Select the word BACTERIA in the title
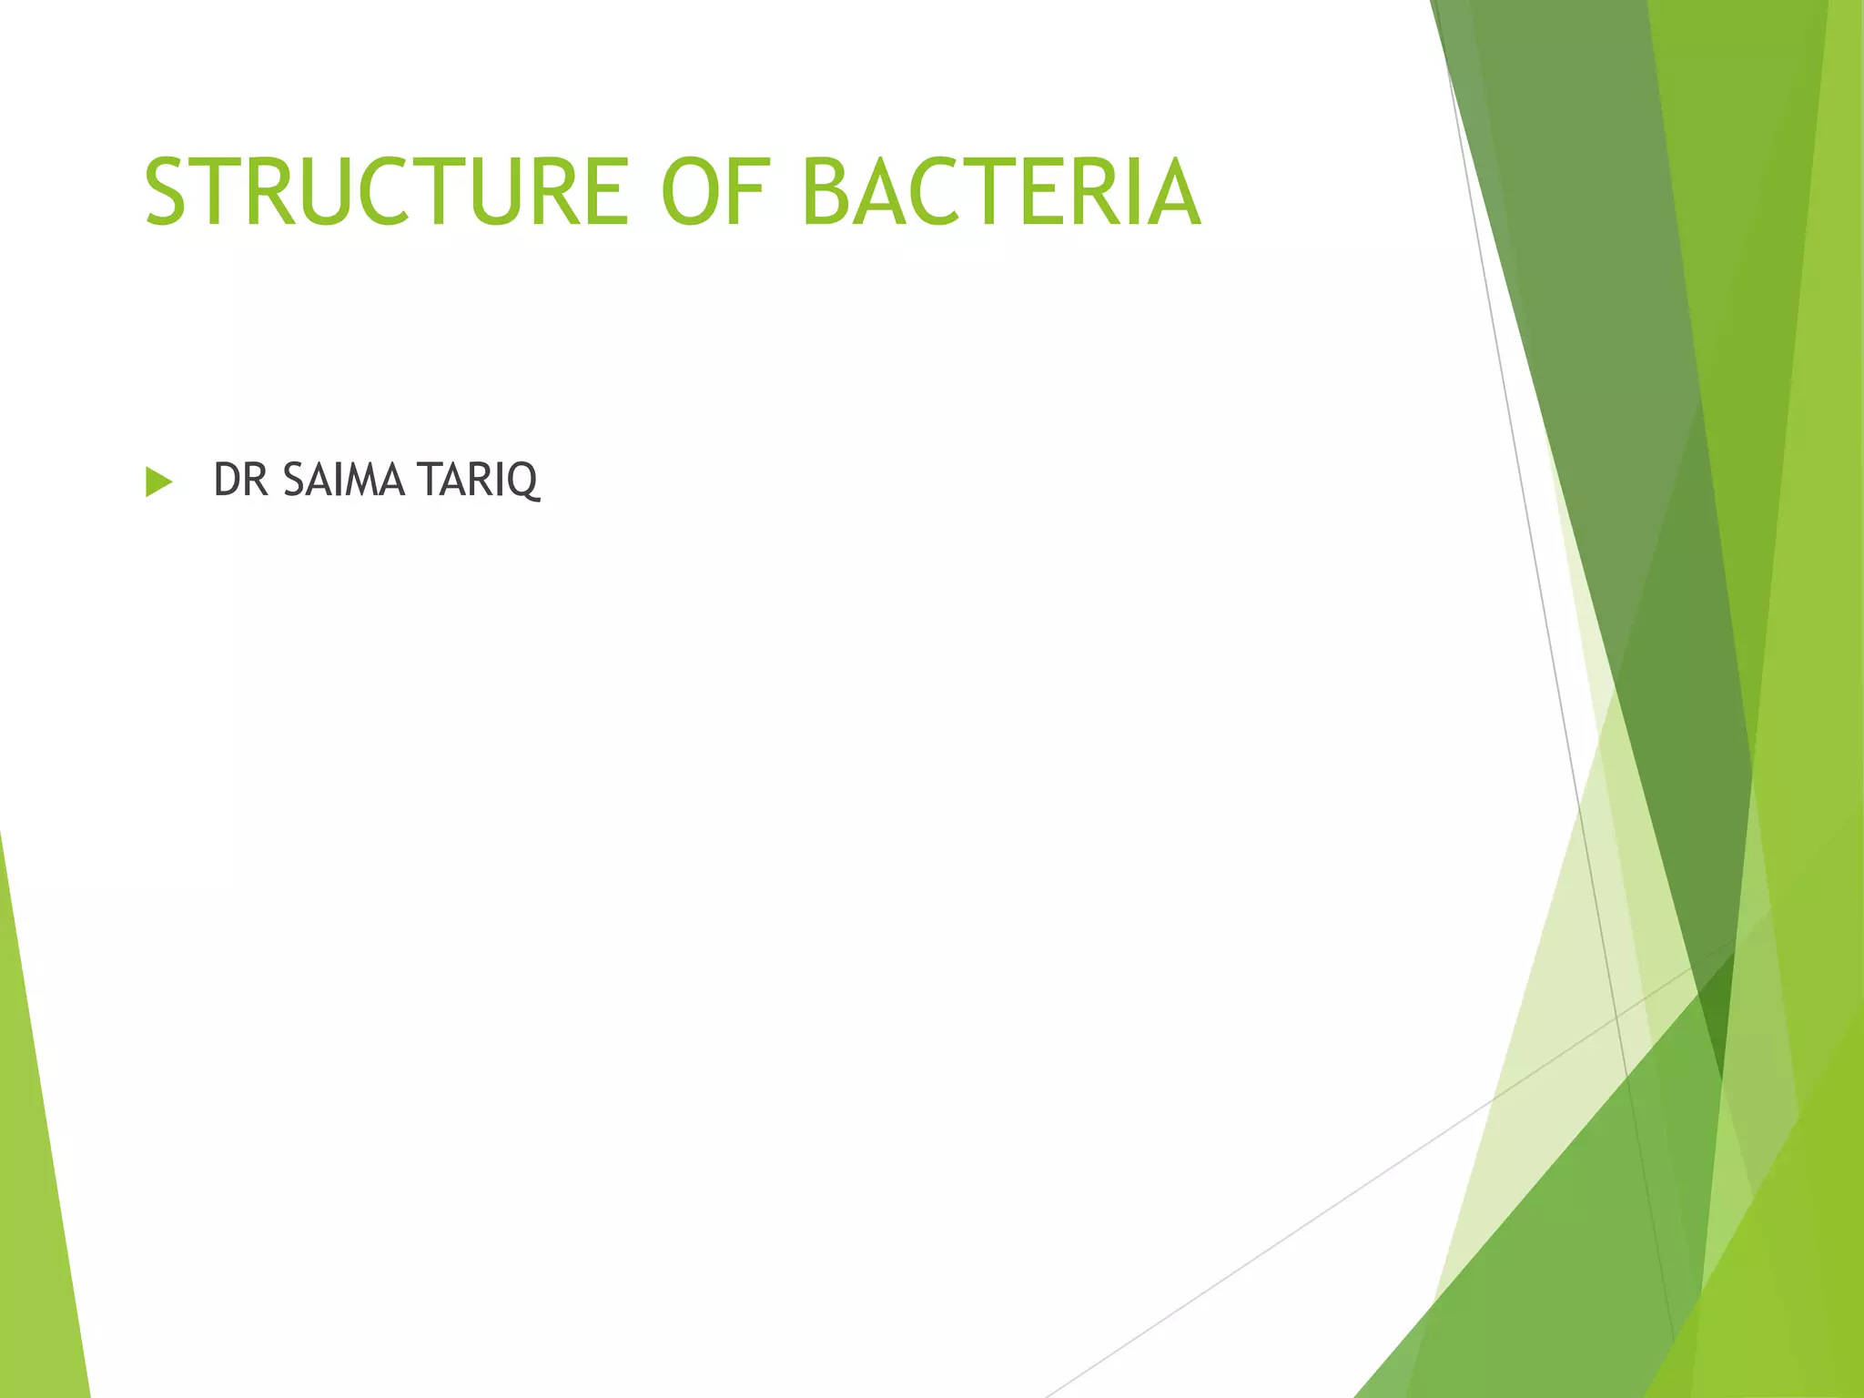(1001, 192)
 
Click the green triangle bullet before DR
(158, 481)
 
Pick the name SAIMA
(343, 481)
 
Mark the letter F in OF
(754, 192)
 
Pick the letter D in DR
(228, 481)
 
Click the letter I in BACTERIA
(1129, 192)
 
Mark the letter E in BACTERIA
(1047, 192)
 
